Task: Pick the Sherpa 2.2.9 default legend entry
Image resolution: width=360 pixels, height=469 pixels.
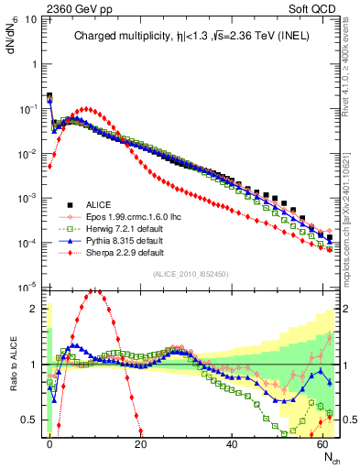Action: [119, 252]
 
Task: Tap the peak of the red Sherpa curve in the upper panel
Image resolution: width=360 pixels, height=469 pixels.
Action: [86, 108]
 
